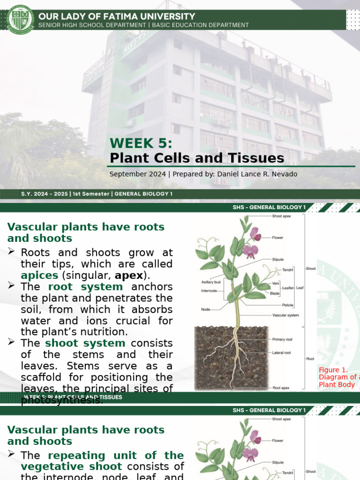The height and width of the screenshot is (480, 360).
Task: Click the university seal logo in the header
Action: coord(21,19)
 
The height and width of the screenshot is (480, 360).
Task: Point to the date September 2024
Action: coord(137,174)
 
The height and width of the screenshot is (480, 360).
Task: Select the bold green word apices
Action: coord(40,275)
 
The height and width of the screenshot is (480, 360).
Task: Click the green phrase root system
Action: coord(85,286)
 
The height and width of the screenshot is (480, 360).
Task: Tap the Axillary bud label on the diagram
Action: coord(211,282)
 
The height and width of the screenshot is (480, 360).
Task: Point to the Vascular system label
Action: coord(285,315)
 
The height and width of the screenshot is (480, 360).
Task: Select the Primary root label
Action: coord(283,339)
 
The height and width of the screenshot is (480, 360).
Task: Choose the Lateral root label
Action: coord(282,352)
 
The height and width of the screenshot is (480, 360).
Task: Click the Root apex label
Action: coord(281,388)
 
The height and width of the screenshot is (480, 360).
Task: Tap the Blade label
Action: coord(275,293)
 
